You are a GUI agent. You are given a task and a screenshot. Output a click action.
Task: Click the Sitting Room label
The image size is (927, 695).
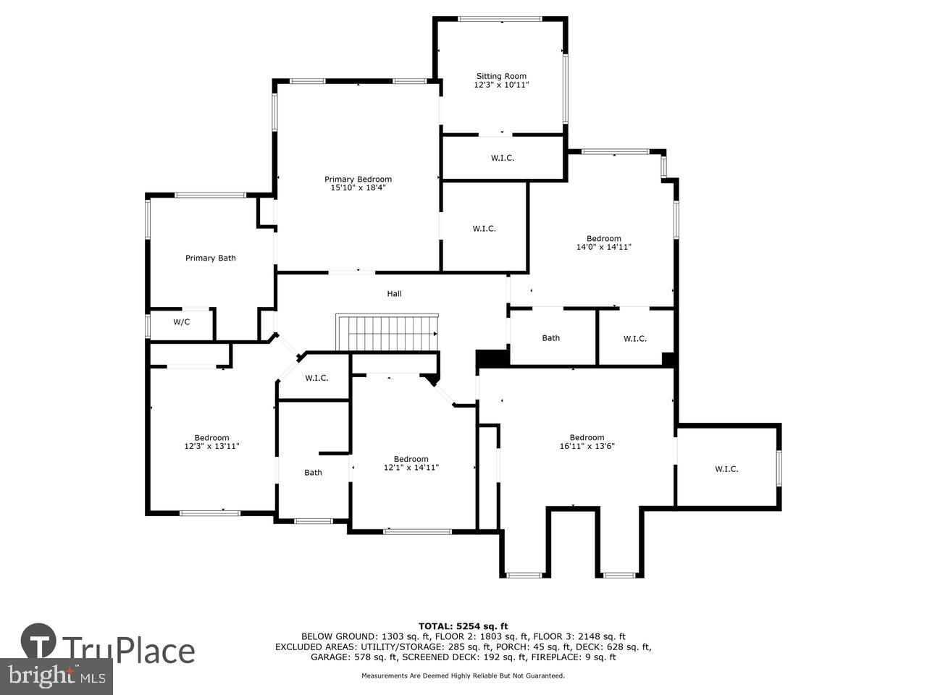coord(500,76)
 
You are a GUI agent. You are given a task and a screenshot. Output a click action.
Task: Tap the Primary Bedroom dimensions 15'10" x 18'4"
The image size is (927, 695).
coord(358,188)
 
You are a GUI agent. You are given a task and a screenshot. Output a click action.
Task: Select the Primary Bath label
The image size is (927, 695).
coord(210,258)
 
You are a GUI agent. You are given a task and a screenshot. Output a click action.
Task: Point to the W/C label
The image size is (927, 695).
coord(181,322)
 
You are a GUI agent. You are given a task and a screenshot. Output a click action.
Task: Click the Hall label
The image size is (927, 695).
coord(394,294)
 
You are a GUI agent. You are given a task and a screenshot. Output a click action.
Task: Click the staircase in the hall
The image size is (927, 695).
coord(387,332)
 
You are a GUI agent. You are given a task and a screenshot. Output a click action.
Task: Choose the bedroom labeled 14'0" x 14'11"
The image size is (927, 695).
coord(603,243)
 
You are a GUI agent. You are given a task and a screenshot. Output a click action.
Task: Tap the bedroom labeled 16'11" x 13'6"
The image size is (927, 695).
coord(587,442)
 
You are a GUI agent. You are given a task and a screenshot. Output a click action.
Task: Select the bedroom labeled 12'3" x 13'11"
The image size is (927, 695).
coord(211,442)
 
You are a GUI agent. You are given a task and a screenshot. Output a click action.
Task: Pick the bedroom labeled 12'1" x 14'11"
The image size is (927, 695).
coord(411,463)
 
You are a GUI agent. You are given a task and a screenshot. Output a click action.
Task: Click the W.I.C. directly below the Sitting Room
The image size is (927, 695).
coord(503,158)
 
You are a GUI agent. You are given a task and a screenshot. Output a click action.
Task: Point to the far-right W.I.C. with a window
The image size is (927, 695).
coord(726,469)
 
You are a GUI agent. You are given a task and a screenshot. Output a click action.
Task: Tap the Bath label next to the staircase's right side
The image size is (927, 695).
coord(551,338)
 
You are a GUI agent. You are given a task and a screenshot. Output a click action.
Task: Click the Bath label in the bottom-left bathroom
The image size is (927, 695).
coord(313,473)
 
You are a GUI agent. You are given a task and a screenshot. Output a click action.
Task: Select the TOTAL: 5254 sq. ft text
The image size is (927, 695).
coord(463,626)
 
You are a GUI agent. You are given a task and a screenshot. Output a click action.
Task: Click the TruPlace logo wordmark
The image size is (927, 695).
coord(127,650)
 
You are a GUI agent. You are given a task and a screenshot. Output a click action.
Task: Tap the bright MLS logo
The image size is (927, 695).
coord(55,677)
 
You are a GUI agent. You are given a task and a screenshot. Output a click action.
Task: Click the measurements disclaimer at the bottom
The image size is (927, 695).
coord(463,676)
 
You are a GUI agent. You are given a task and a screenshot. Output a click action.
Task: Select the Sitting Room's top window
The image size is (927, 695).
coord(500,19)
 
